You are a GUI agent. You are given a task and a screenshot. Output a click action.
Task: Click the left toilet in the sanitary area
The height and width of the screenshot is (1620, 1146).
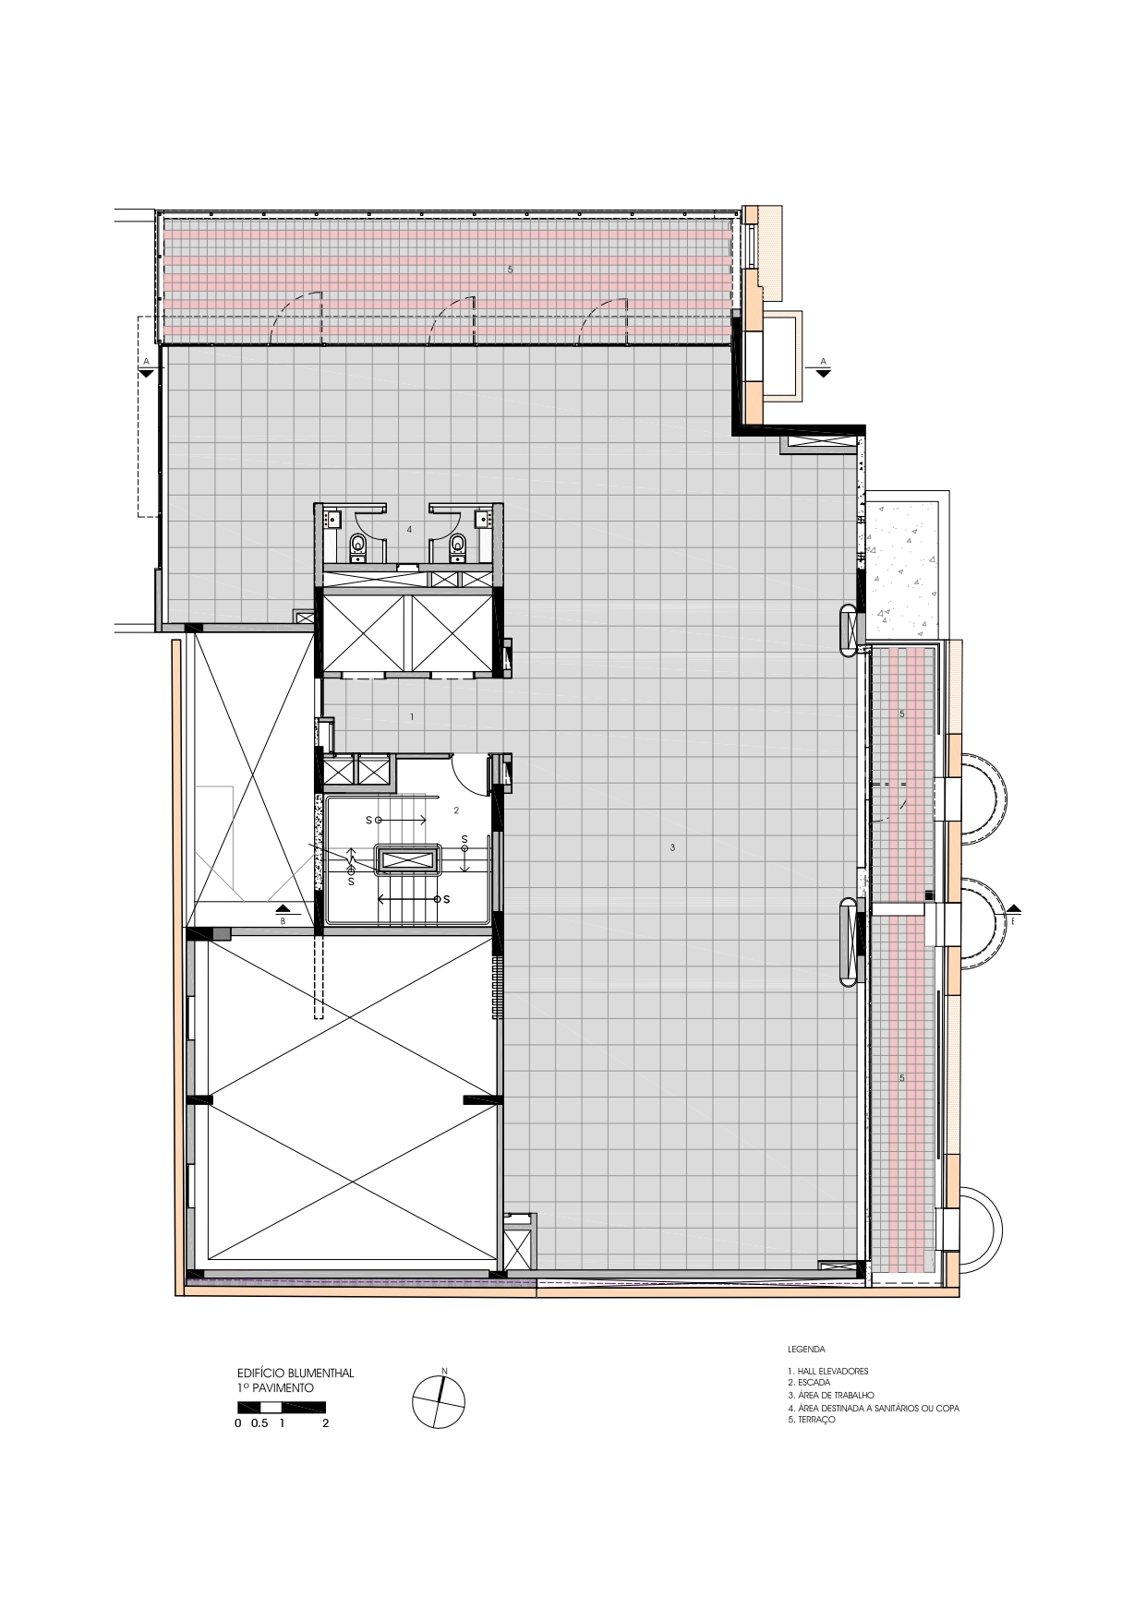[358, 547]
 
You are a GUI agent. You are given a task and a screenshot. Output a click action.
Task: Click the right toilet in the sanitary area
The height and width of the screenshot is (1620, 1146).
[456, 547]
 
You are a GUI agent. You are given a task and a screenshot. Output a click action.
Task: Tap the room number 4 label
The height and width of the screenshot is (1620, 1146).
[409, 529]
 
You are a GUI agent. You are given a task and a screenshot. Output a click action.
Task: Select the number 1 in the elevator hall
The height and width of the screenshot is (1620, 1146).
[412, 716]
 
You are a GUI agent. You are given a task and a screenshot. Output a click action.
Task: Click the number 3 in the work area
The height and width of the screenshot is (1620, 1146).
[672, 846]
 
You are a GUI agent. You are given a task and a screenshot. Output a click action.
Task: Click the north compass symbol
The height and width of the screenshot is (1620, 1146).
[437, 1401]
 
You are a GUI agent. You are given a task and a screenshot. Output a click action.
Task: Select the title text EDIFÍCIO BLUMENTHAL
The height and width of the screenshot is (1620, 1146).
[296, 1373]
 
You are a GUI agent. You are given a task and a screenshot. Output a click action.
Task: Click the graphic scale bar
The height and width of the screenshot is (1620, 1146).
[281, 1407]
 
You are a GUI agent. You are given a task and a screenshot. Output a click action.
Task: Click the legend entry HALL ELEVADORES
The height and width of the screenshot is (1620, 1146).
[827, 1371]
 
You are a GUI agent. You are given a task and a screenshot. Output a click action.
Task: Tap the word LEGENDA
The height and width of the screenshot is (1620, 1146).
[805, 1349]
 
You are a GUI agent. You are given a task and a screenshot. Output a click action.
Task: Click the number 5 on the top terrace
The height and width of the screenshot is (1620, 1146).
[510, 270]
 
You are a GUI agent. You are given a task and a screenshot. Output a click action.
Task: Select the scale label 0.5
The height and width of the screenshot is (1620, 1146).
[259, 1422]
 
